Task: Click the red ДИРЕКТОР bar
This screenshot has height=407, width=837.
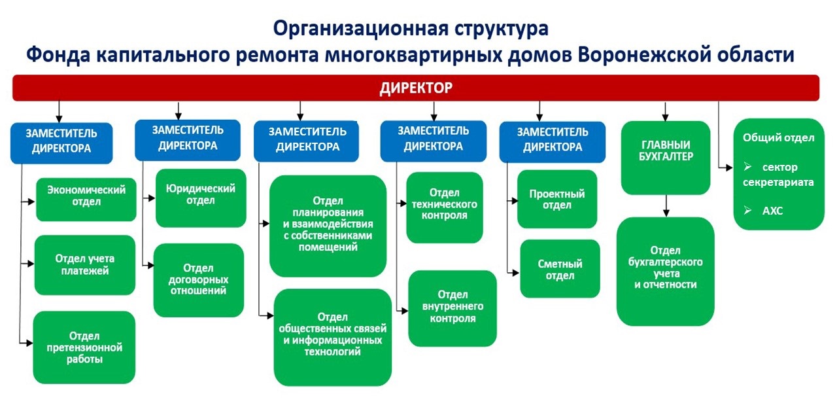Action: [416, 88]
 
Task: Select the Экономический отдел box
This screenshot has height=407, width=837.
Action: [86, 200]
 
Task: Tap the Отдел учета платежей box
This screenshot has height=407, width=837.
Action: [85, 265]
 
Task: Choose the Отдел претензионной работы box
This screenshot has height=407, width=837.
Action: [84, 347]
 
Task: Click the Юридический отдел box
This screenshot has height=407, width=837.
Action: [201, 198]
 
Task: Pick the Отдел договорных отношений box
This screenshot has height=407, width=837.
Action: [198, 280]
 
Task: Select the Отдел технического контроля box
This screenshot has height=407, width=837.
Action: [445, 207]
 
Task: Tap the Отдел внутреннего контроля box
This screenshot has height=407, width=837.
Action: [453, 308]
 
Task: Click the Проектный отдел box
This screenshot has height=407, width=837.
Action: [557, 199]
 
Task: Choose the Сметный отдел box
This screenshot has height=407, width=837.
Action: [560, 269]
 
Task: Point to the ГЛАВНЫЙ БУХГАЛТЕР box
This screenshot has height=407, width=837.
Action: [666, 158]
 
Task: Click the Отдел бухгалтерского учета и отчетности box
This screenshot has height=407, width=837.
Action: [666, 272]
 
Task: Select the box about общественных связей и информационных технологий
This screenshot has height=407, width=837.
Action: [333, 338]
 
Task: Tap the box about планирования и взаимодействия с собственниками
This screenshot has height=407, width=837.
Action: [328, 226]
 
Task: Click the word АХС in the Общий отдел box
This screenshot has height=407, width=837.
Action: [772, 211]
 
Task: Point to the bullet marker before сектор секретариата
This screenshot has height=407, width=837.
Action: [747, 167]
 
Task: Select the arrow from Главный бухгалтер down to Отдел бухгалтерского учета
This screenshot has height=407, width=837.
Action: [666, 205]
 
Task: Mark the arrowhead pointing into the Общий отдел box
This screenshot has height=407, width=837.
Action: [729, 168]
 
